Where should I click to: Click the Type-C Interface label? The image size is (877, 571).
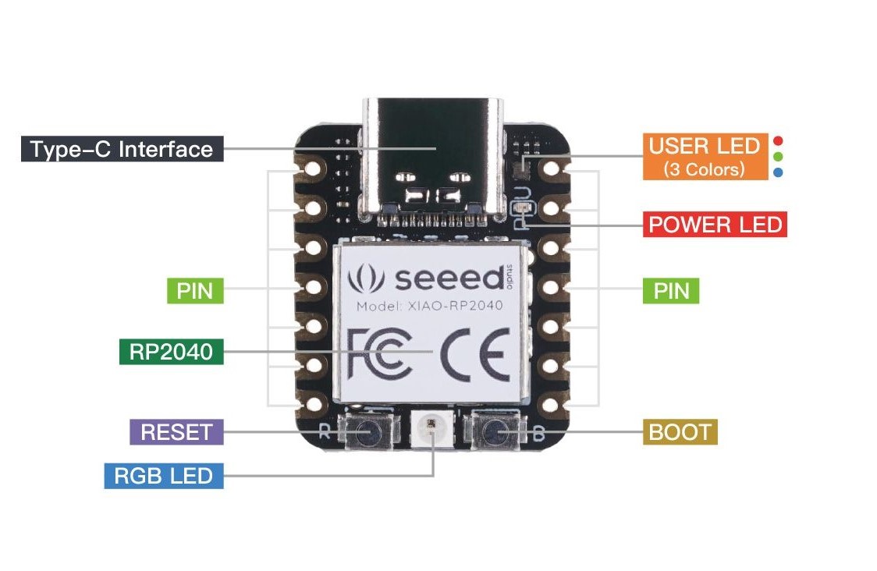coord(122,149)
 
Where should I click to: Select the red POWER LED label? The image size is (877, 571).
coord(715,225)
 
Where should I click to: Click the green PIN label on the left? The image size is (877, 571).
coord(195,291)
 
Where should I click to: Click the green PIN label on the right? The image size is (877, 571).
coord(671,291)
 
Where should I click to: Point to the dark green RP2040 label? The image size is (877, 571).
coord(171,352)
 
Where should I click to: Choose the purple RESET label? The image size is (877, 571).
coord(176,431)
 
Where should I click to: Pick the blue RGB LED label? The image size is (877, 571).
coord(164,475)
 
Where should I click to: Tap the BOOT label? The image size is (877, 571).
coord(680,431)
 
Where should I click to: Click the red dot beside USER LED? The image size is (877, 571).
coord(777,141)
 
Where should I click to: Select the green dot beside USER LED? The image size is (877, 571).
coord(777,157)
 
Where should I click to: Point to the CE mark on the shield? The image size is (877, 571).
coord(475,354)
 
